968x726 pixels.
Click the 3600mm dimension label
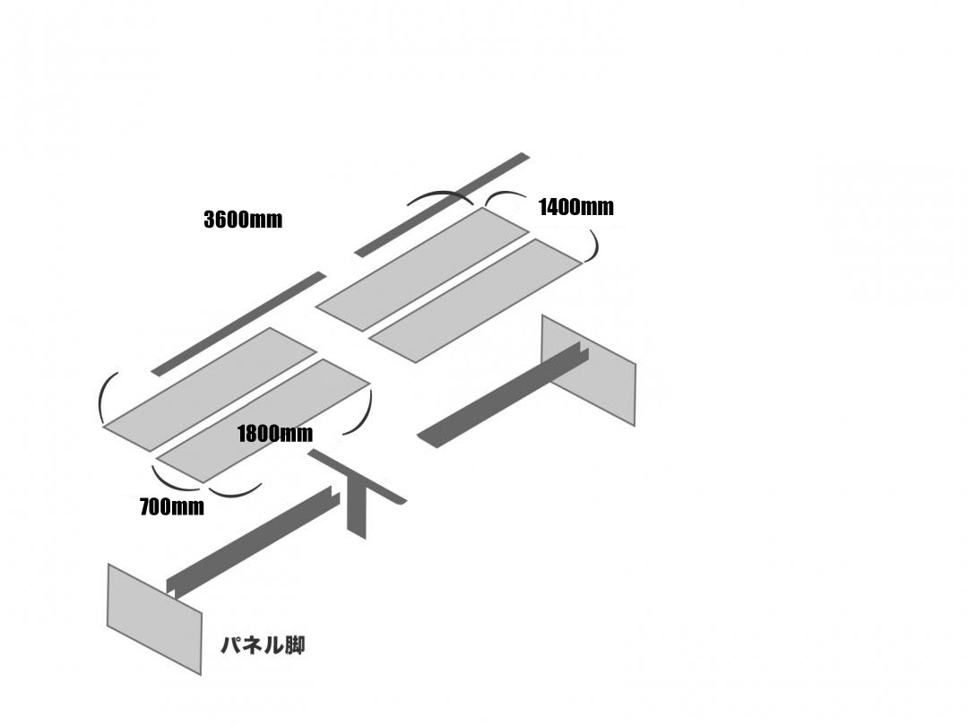point(243,220)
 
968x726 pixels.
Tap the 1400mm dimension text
point(575,208)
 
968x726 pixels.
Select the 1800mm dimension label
point(274,435)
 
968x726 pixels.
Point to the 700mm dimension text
point(171,507)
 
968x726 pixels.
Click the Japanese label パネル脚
point(263,645)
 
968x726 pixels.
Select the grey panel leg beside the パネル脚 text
point(152,618)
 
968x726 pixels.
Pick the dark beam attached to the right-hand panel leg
point(502,399)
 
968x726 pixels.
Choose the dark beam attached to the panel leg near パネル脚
point(251,542)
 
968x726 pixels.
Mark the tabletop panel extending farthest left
point(210,390)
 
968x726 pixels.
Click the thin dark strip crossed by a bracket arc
point(442,205)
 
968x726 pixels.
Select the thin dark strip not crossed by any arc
point(238,324)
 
